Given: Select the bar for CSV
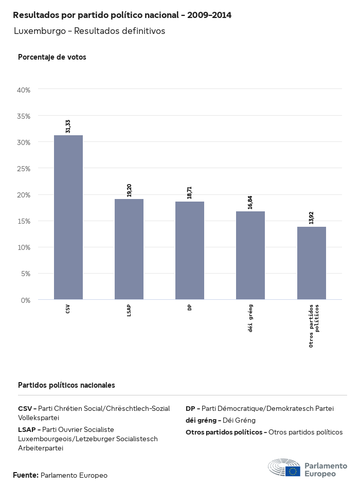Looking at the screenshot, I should (x=68, y=217).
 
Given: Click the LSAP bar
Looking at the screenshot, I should (x=129, y=249).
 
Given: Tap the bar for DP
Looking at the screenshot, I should (x=190, y=250).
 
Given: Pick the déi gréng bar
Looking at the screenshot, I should (x=250, y=255).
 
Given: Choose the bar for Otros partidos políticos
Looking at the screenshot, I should (x=312, y=263).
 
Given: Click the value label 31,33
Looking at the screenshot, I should (x=68, y=126).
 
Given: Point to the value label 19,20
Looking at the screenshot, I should (x=129, y=190).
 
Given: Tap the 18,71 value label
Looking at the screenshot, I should (x=190, y=192).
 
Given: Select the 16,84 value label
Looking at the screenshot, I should (x=250, y=202).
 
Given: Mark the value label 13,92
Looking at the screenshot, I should (x=311, y=218).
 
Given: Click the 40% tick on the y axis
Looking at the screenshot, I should (x=24, y=90).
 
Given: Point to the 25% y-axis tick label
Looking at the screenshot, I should (x=24, y=169).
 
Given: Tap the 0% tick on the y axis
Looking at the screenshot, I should (x=26, y=300).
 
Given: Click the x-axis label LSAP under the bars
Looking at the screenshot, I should (x=129, y=311).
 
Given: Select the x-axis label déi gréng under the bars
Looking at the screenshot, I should (x=250, y=318).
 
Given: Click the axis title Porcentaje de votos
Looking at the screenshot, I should (x=52, y=57).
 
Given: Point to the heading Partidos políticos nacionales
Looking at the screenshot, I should (x=66, y=385).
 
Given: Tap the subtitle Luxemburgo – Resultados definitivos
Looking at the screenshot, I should (x=89, y=31).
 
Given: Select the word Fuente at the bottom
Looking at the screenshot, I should (x=25, y=475).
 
